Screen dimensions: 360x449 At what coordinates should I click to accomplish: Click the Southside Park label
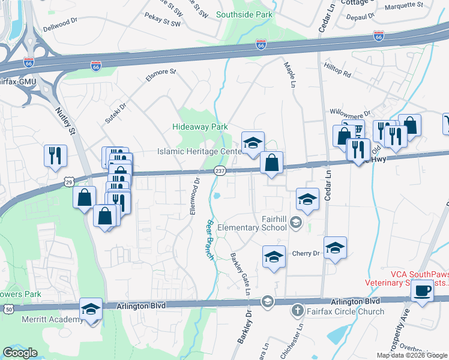tap(244, 14)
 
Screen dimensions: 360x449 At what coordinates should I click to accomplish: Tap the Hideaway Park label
tap(200, 127)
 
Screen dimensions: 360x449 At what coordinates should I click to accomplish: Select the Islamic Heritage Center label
tap(199, 152)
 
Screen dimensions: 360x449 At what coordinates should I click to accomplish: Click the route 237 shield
tap(220, 172)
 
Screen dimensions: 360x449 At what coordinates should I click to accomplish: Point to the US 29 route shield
tap(70, 181)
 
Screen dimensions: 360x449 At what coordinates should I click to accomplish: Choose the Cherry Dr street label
tap(306, 254)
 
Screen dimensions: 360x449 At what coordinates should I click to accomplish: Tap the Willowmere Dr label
tap(351, 112)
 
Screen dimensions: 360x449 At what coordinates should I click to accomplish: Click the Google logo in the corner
tap(20, 353)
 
